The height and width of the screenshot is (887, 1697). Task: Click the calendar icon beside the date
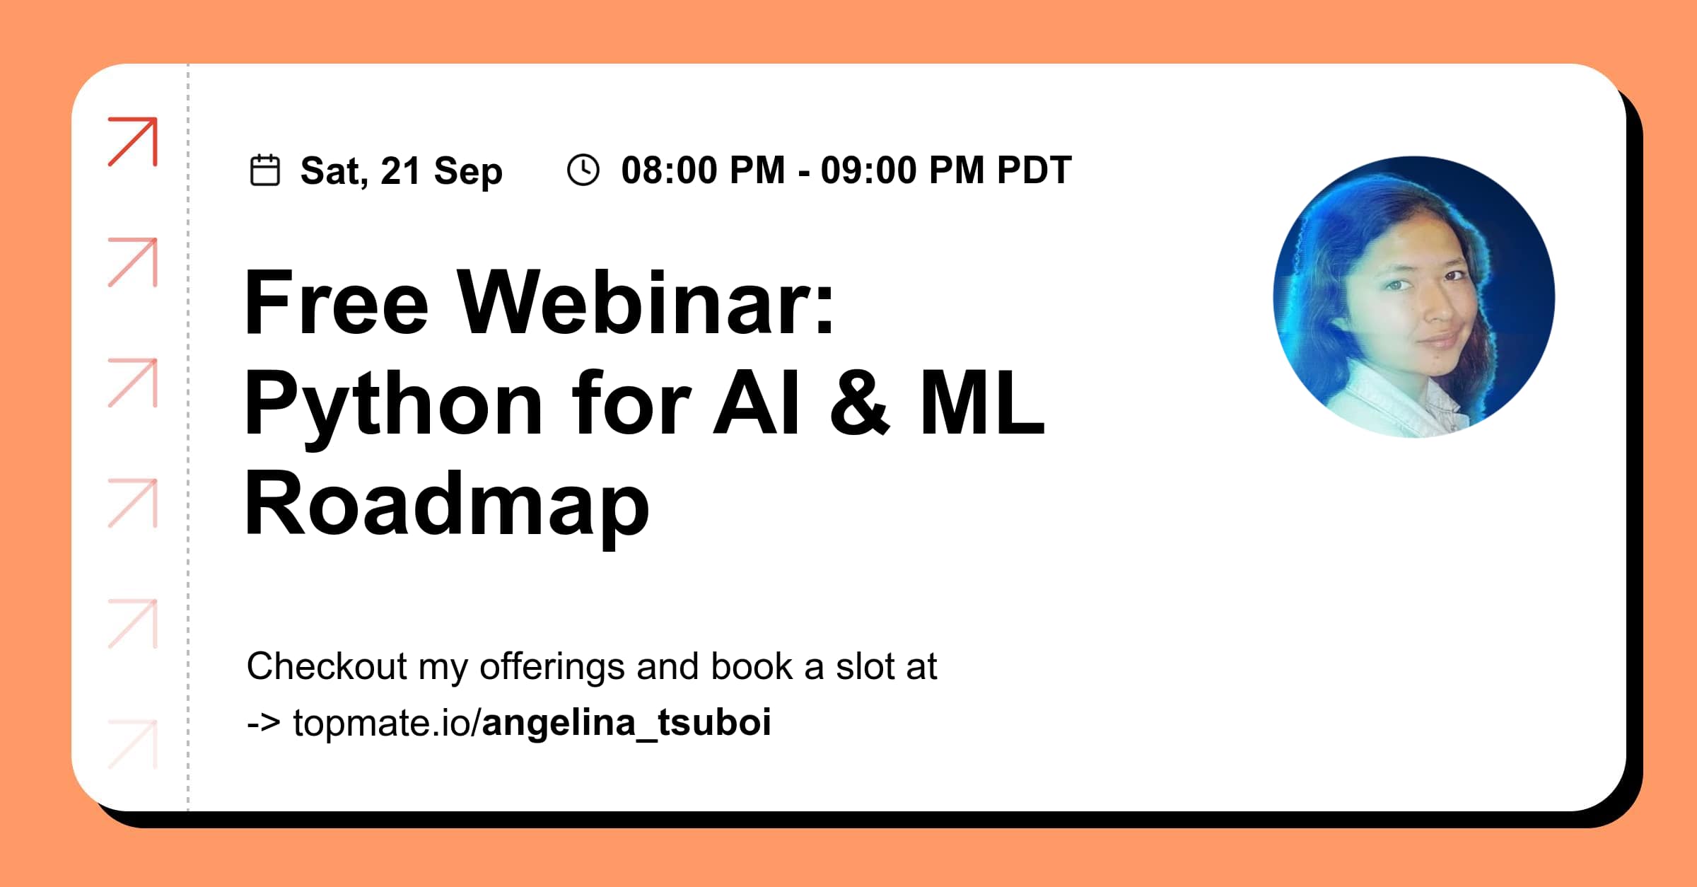tap(265, 170)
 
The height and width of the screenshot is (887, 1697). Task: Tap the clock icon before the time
tap(583, 170)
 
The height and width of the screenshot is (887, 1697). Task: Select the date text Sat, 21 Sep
tap(401, 171)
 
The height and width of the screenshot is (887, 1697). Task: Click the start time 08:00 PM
tap(703, 170)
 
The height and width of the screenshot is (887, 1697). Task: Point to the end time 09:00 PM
tap(902, 170)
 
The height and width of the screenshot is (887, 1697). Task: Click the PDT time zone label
tap(1034, 170)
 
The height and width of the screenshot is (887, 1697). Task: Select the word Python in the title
tap(393, 405)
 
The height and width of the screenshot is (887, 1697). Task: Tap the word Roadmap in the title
tap(446, 506)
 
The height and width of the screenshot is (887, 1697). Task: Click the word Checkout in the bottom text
tap(327, 666)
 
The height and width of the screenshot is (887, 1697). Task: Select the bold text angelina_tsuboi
tap(626, 723)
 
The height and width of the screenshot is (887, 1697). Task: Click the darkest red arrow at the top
tap(133, 141)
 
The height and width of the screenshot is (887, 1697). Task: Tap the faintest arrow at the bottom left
tap(133, 744)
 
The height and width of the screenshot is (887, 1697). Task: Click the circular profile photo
tap(1413, 297)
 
